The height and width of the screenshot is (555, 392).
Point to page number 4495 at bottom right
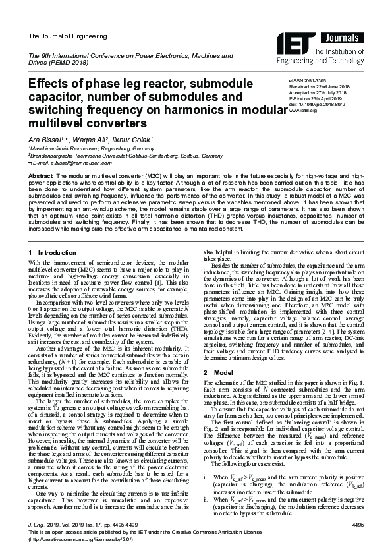coord(358,523)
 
